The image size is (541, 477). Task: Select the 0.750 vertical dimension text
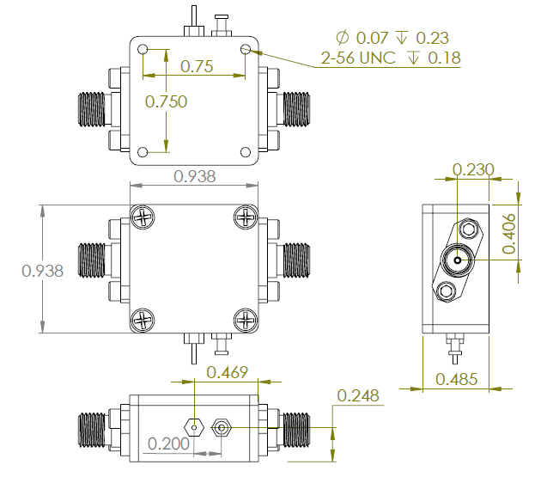[x=166, y=101]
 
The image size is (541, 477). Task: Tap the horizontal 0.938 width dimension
[x=195, y=176]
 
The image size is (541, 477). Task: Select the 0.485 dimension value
[x=457, y=379]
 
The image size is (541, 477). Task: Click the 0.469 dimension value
[x=228, y=372]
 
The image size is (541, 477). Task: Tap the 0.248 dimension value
[x=358, y=396]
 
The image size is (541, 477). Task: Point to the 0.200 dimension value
[x=169, y=444]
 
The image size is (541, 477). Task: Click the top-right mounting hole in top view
[x=246, y=50]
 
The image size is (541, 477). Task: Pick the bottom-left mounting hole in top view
[x=143, y=152]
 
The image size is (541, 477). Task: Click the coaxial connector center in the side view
[x=458, y=260]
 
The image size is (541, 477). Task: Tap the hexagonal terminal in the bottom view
[x=194, y=425]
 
